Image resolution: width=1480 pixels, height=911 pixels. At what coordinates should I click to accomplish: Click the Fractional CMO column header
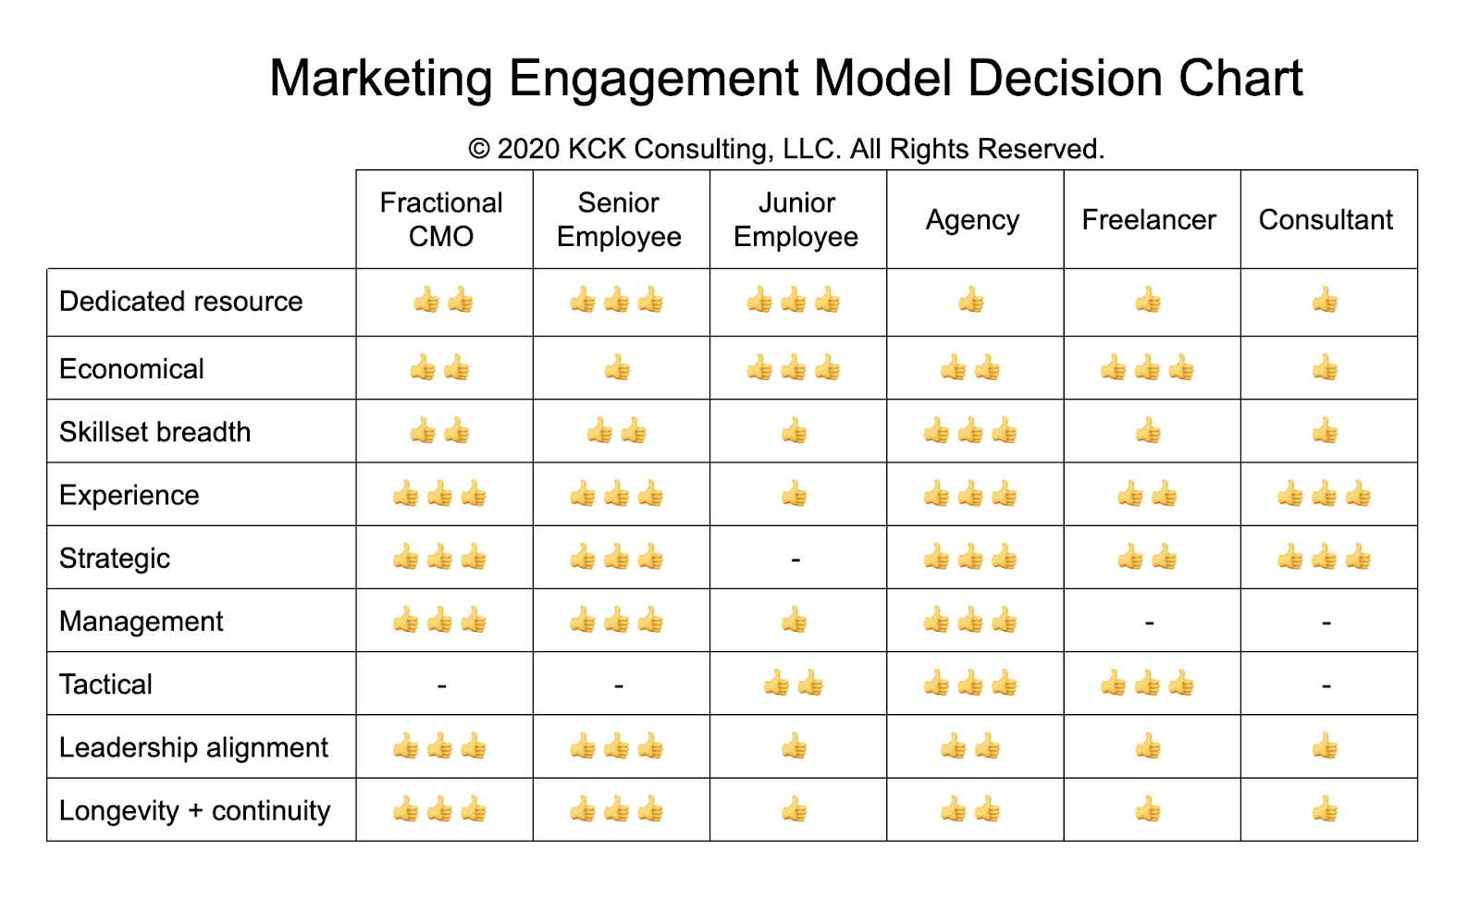tap(441, 219)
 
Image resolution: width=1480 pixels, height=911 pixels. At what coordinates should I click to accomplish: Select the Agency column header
tap(972, 220)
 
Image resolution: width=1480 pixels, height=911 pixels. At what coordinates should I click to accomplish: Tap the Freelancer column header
tap(1149, 220)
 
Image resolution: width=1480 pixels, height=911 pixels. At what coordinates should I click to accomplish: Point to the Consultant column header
tap(1326, 220)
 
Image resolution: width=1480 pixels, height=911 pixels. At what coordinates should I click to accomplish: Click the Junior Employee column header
tap(796, 219)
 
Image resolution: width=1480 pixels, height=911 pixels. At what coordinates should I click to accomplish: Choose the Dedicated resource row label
tap(181, 302)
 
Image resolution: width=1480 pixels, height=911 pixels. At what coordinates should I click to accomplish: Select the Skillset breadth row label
tap(155, 432)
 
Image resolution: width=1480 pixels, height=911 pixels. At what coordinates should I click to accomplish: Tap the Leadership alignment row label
tap(193, 747)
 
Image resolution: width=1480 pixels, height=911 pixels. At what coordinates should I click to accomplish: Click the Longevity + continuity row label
tap(194, 811)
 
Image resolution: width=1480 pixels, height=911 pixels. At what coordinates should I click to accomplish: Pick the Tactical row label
tap(105, 684)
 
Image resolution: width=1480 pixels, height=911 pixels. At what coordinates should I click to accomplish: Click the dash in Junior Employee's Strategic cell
tap(795, 560)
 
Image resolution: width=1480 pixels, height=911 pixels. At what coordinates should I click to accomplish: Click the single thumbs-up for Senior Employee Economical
tap(617, 369)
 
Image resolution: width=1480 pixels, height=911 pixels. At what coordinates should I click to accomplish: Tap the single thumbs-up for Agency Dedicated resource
tap(971, 301)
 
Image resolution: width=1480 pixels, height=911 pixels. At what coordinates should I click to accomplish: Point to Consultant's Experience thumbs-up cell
tap(1325, 495)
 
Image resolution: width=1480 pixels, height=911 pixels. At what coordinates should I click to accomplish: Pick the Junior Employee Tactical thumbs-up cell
tap(794, 684)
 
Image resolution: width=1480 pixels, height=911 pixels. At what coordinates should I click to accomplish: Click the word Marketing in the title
tap(380, 79)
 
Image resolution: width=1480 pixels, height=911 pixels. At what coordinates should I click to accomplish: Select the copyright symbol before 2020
tap(478, 149)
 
